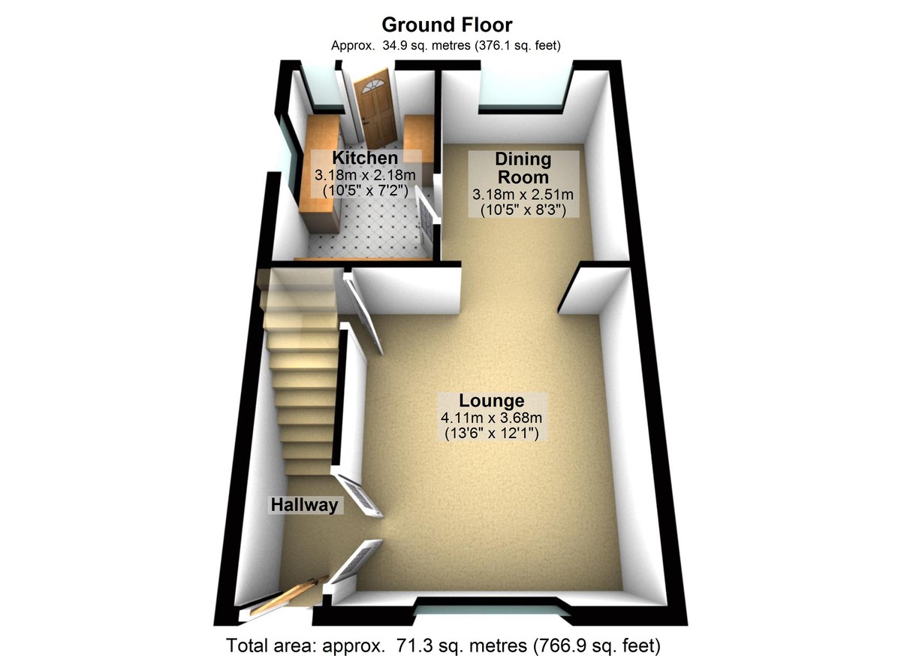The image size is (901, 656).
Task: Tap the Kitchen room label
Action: coord(365,158)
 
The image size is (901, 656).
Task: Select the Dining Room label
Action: coord(523,168)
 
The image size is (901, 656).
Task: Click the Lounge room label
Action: coord(492,400)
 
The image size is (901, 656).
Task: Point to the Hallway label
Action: coord(304,505)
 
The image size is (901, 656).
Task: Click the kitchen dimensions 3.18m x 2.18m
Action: coord(365,175)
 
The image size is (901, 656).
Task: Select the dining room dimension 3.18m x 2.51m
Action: coord(523,195)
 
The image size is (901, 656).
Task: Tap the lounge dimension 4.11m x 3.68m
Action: coord(492,417)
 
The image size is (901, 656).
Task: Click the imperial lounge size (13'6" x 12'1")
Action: coord(492,434)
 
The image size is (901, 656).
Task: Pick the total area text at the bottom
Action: coord(444,644)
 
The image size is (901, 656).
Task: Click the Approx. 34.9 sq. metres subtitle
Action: coord(447,45)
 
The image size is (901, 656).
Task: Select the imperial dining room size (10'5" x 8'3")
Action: coord(523,210)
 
